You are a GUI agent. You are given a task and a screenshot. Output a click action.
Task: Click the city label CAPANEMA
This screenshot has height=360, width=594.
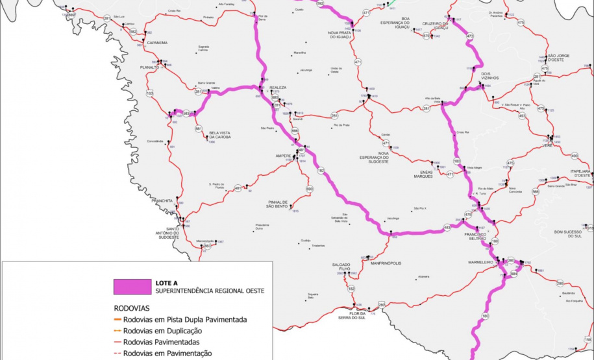coord(157,43)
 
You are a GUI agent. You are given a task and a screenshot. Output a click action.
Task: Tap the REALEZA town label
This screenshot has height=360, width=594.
coord(278,87)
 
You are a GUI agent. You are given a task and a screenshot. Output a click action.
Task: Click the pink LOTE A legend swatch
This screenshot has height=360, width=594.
coord(131,286)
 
